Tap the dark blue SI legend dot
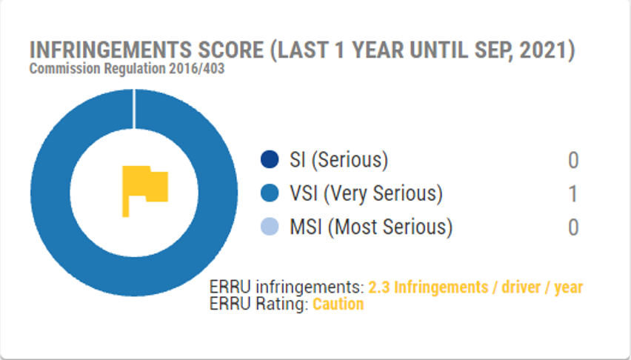(x=270, y=159)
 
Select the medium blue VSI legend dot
(x=270, y=193)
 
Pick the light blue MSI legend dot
(x=270, y=227)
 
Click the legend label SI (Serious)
(x=339, y=160)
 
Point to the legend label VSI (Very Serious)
(x=366, y=193)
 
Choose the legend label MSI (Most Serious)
(x=371, y=227)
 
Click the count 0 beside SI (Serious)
(x=573, y=160)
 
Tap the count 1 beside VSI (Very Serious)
(x=573, y=193)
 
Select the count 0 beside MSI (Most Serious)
(x=573, y=227)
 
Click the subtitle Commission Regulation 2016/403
(x=127, y=68)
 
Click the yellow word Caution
(x=338, y=304)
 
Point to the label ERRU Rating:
(x=258, y=304)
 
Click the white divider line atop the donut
(x=134, y=109)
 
